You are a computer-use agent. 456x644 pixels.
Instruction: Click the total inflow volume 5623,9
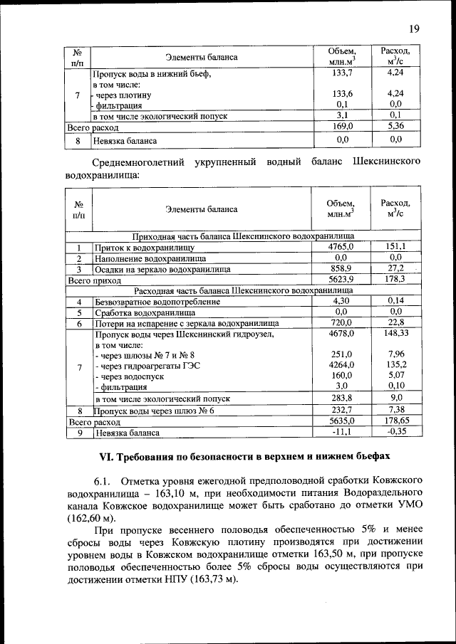pyautogui.click(x=341, y=280)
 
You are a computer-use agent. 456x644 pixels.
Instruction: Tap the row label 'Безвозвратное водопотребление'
pyautogui.click(x=157, y=302)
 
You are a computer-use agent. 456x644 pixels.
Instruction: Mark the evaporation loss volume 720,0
pyautogui.click(x=341, y=323)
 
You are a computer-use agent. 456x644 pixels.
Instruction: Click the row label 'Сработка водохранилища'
pyautogui.click(x=145, y=312)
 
